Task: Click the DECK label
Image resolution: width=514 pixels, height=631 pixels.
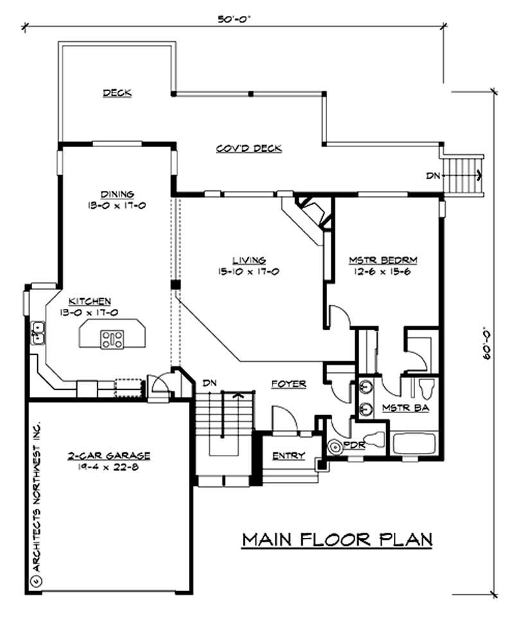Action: [x=118, y=93]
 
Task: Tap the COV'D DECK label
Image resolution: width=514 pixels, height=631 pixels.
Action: [x=248, y=148]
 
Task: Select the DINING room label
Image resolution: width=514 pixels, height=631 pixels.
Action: [x=117, y=194]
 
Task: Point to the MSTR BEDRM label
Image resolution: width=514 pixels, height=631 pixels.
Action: [x=384, y=260]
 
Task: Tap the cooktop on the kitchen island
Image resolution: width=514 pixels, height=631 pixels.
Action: [x=112, y=338]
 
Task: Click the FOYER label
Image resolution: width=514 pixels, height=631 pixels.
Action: [x=288, y=384]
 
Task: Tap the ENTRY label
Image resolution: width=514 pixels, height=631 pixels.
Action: [x=288, y=456]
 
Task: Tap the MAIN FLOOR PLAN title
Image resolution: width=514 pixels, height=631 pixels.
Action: [x=337, y=539]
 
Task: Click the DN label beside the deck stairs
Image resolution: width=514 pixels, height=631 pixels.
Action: [x=433, y=175]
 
